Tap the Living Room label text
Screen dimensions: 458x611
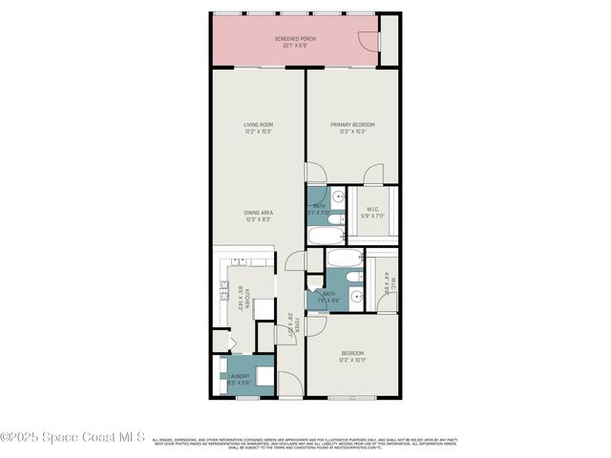(258, 125)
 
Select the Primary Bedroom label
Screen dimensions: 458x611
(352, 125)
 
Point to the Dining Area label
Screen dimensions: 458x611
(258, 213)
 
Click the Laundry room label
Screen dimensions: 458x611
(239, 376)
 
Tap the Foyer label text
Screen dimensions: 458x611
(297, 324)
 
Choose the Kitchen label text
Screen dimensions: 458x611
(247, 298)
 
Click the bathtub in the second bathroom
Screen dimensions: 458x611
(343, 259)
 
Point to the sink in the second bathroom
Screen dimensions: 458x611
(355, 296)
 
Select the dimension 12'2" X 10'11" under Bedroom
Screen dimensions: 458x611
(352, 361)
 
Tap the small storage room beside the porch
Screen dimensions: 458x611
(389, 40)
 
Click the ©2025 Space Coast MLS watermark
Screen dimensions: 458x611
(73, 438)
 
